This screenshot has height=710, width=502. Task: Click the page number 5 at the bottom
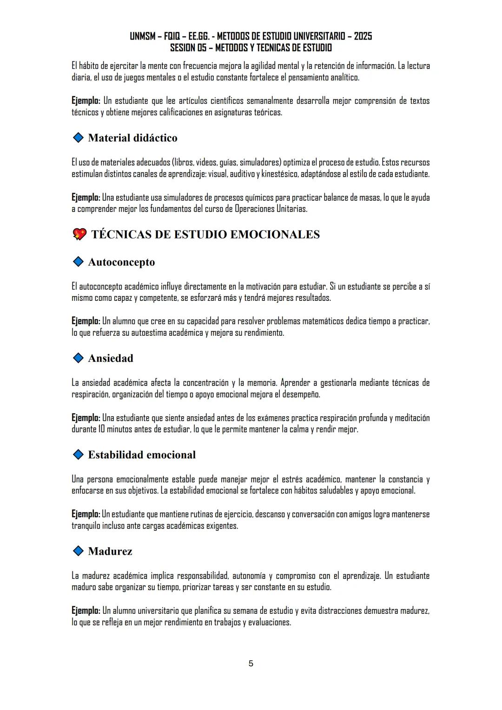click(x=251, y=664)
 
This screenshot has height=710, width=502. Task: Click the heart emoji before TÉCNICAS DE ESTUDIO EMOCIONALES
click(x=79, y=234)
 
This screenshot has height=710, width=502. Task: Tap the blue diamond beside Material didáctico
click(x=78, y=138)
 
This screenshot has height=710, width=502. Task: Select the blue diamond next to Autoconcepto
click(x=78, y=262)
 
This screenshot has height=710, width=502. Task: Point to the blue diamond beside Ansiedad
click(x=78, y=358)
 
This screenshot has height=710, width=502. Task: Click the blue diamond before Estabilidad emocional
click(x=78, y=454)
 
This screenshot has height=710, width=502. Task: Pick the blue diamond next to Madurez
click(x=78, y=551)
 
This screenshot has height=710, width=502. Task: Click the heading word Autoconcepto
click(x=121, y=262)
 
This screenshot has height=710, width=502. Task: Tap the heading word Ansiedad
click(x=111, y=358)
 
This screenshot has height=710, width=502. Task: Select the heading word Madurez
click(x=110, y=551)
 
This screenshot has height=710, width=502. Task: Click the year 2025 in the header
click(x=363, y=36)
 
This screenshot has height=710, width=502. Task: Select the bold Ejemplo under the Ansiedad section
click(x=86, y=418)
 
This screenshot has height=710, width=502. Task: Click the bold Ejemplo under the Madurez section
click(x=86, y=610)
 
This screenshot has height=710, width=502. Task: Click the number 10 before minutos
click(x=102, y=429)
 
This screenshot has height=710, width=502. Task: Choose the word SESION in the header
click(x=182, y=48)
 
